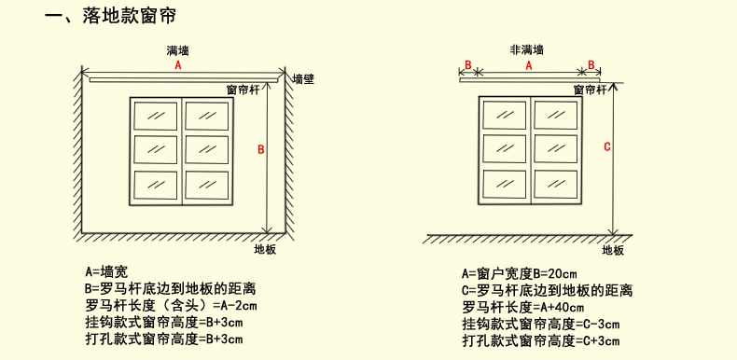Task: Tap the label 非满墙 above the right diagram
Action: pos(527,49)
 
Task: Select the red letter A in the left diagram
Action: pos(178,66)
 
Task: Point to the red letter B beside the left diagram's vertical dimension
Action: pos(261,150)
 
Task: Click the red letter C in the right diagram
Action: pos(607,146)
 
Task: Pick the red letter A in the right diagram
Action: pos(528,66)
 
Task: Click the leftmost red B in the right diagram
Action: pos(467,65)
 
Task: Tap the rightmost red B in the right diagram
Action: pos(591,65)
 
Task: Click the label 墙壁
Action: pos(303,79)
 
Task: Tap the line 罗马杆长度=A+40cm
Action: pos(522,307)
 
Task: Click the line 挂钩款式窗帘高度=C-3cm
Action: pos(541,324)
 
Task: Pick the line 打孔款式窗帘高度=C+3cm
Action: pos(541,340)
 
